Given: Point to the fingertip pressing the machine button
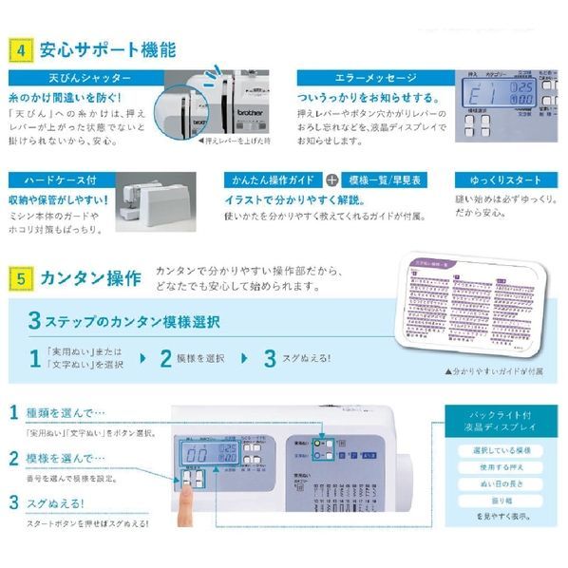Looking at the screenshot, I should [186, 493].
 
